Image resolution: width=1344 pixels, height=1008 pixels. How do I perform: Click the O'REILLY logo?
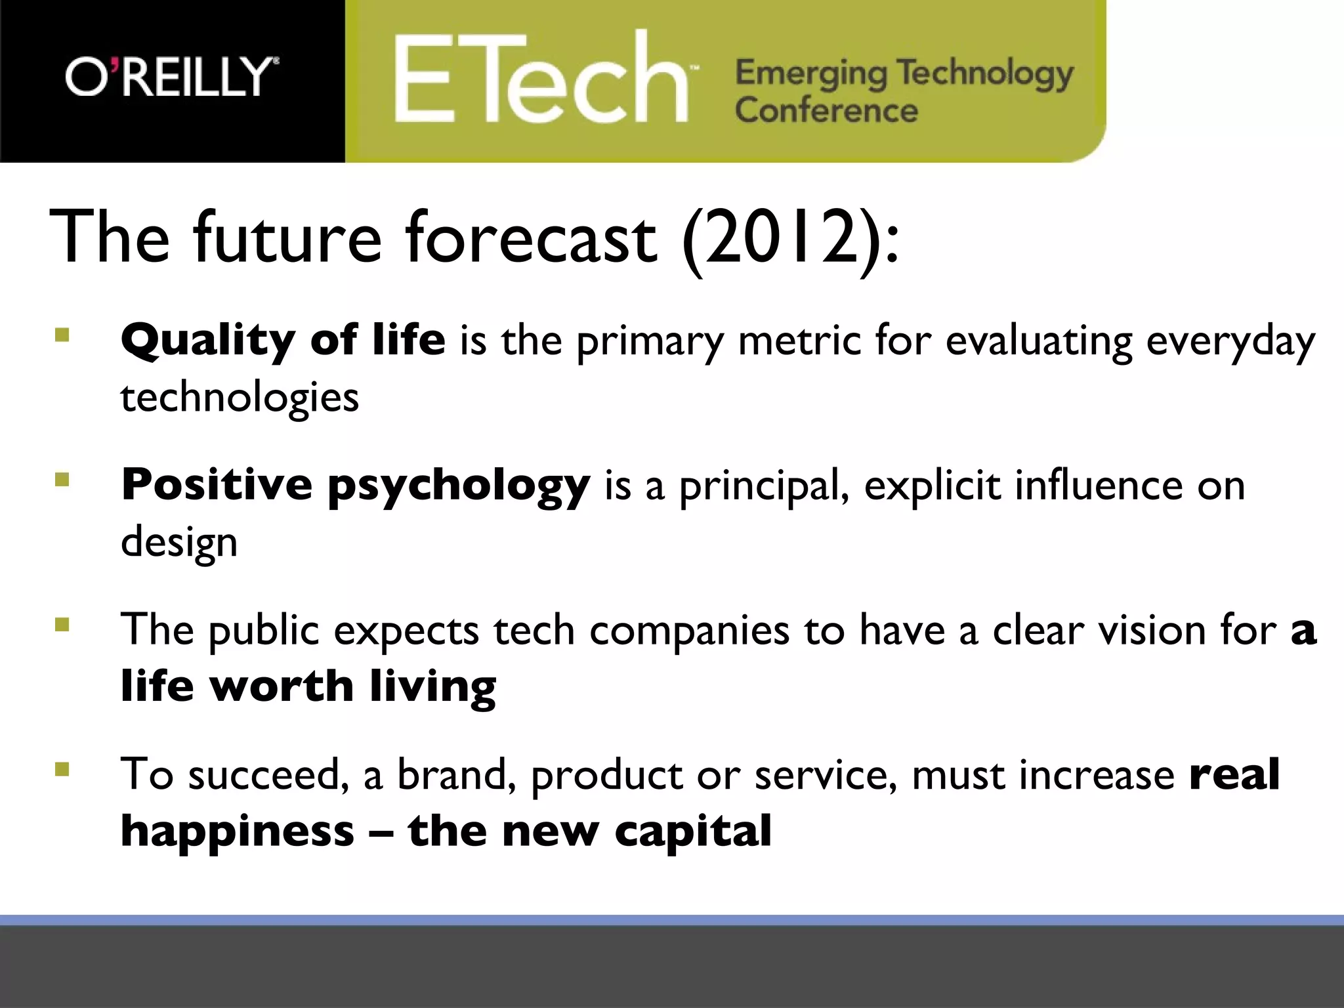(172, 77)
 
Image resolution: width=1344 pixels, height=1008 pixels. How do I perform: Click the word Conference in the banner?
(826, 110)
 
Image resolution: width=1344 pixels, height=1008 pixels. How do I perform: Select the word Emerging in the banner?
(810, 73)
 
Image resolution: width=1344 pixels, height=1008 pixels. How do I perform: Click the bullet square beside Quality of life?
(62, 335)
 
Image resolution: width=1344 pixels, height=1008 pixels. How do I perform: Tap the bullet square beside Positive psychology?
(62, 480)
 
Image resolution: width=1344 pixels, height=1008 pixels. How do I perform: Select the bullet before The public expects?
(62, 623)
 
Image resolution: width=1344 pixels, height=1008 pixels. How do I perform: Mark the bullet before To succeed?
(62, 768)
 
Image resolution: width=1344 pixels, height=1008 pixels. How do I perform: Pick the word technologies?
(240, 398)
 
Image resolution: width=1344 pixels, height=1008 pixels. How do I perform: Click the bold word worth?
(282, 686)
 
